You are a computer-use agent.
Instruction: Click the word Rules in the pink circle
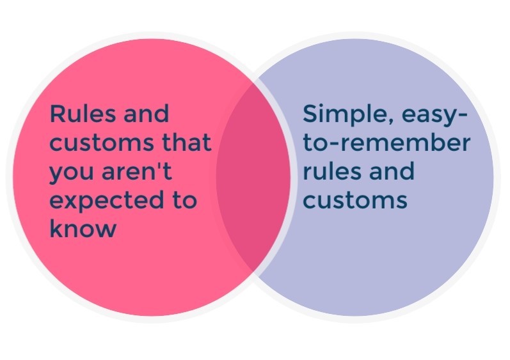click(83, 113)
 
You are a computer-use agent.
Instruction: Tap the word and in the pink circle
click(147, 113)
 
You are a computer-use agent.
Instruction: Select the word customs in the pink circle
click(102, 143)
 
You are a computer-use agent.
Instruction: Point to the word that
click(187, 142)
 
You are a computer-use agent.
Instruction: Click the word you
click(72, 173)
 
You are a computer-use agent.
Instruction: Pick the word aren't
click(136, 171)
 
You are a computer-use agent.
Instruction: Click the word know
click(83, 228)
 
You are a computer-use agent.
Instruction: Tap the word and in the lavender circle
click(392, 171)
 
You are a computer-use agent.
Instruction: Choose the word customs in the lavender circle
click(355, 200)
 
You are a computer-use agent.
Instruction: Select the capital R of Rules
click(58, 113)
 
